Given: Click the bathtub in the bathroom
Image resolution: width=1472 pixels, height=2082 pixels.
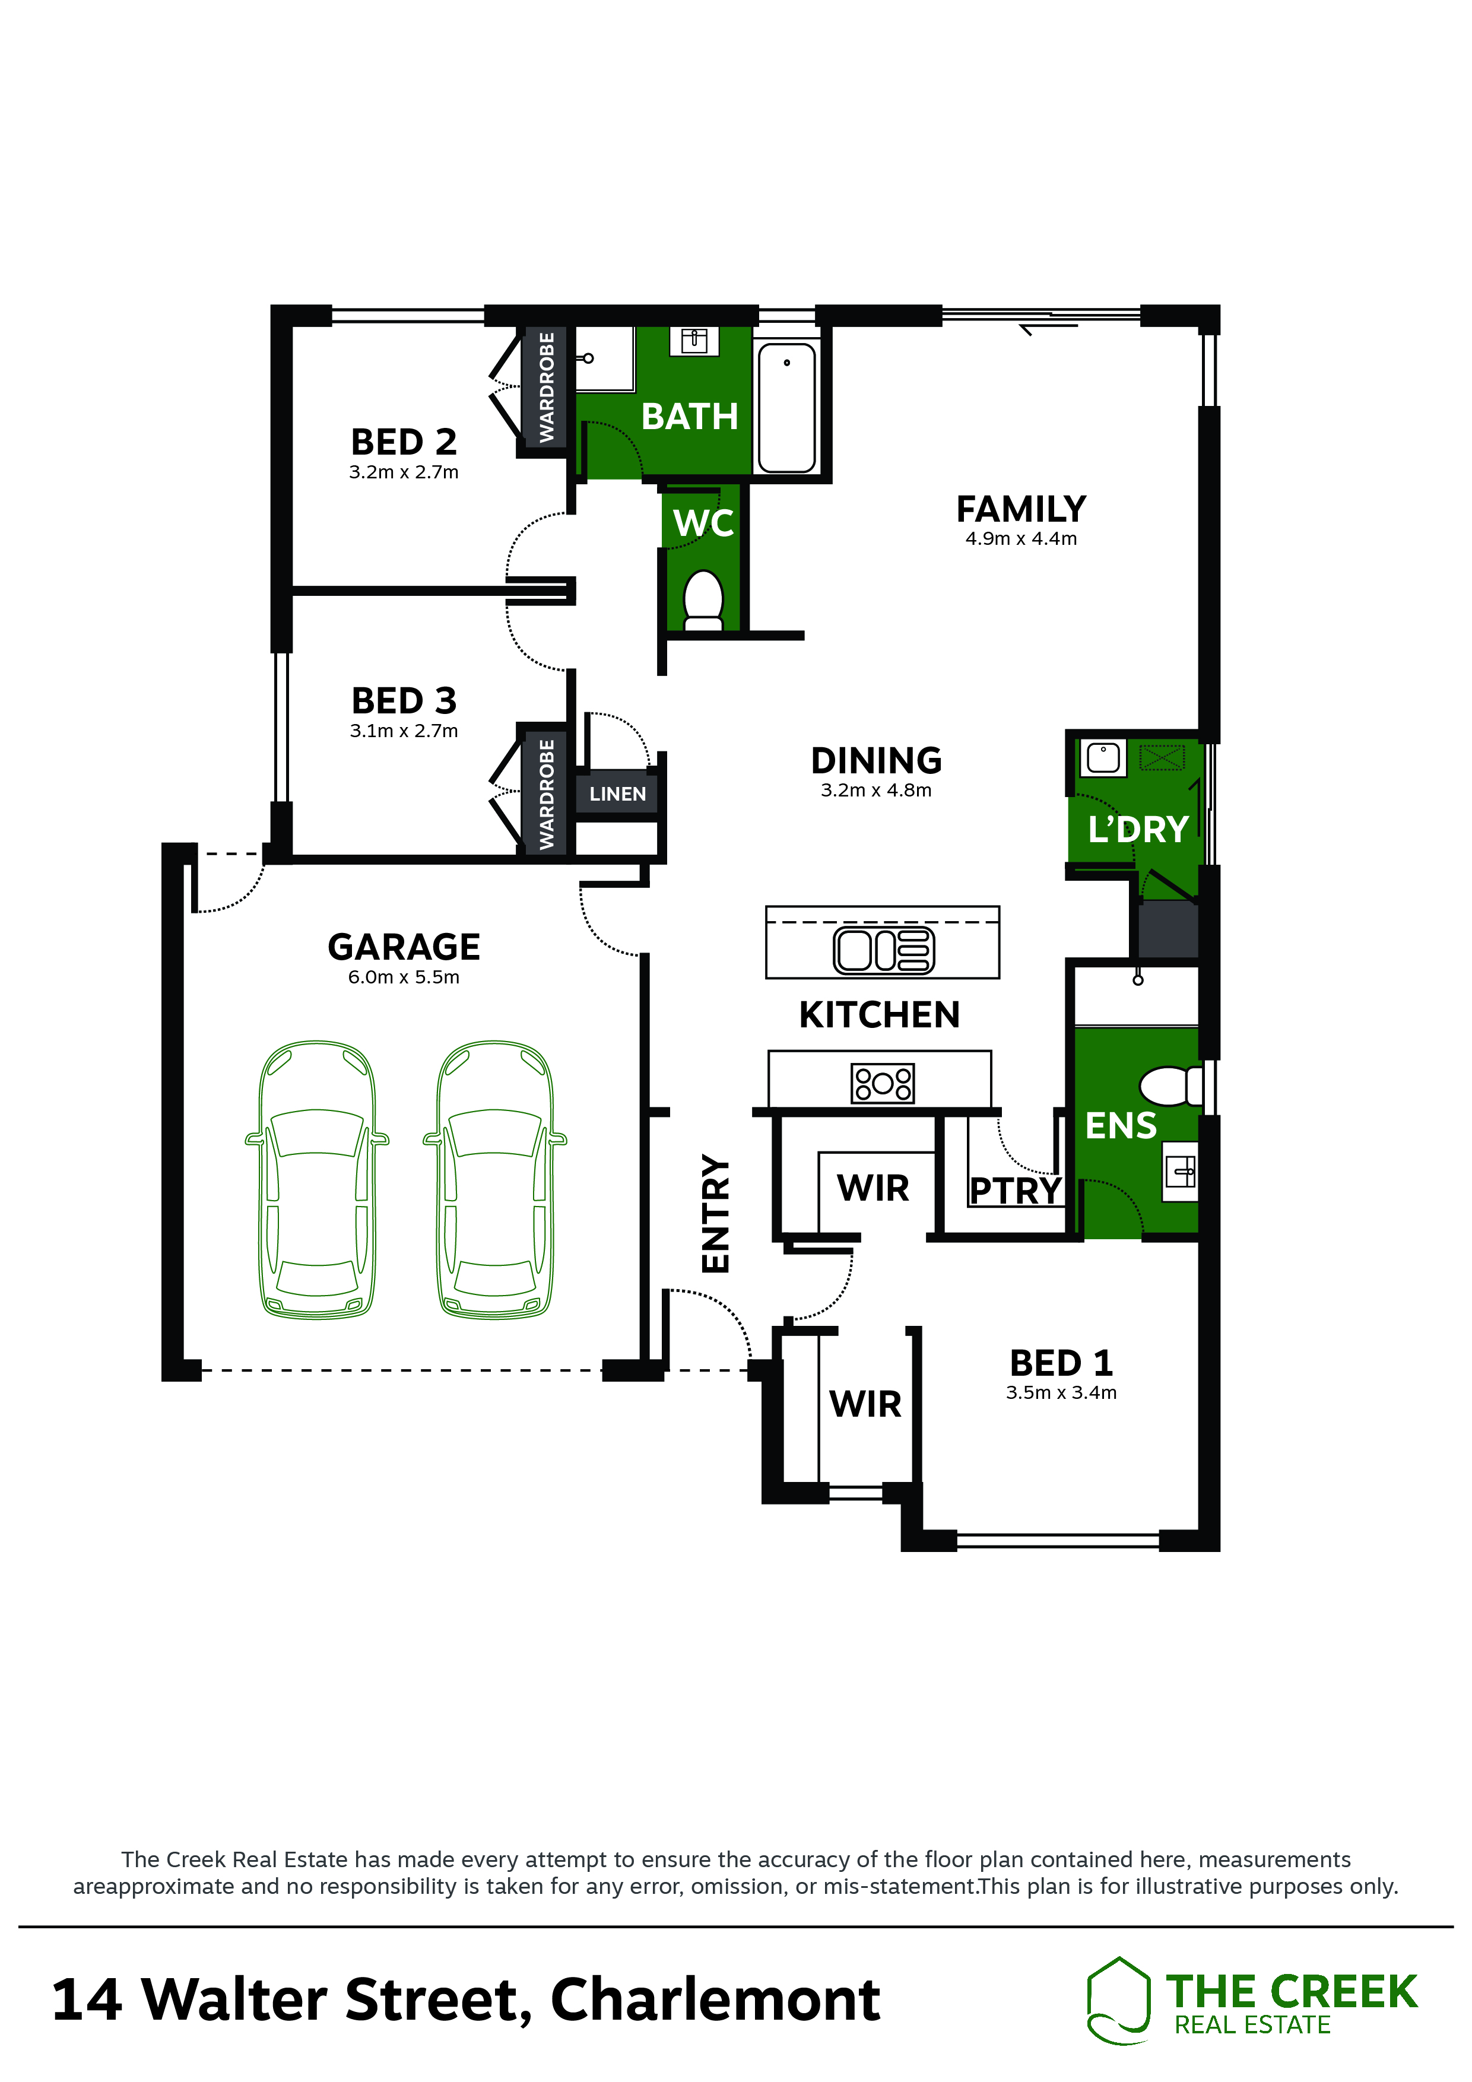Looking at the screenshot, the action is (786, 407).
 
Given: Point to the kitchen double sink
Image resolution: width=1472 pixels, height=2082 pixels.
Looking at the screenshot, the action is (883, 950).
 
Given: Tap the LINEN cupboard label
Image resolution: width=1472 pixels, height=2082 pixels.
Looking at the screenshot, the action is (618, 794).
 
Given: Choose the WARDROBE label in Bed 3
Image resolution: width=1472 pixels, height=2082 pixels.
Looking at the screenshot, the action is (546, 794).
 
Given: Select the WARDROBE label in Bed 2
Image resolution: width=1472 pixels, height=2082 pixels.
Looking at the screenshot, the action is (546, 387).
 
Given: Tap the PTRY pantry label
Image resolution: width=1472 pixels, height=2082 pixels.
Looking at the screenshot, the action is (1015, 1190).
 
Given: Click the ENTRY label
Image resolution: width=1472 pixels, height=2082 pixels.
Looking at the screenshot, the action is (716, 1213).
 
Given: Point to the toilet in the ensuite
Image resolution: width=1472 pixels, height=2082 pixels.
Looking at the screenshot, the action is (1170, 1086).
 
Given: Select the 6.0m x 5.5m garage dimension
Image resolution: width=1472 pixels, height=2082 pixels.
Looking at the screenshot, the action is (404, 977).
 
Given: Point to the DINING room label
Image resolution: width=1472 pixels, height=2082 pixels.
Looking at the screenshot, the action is (876, 760).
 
